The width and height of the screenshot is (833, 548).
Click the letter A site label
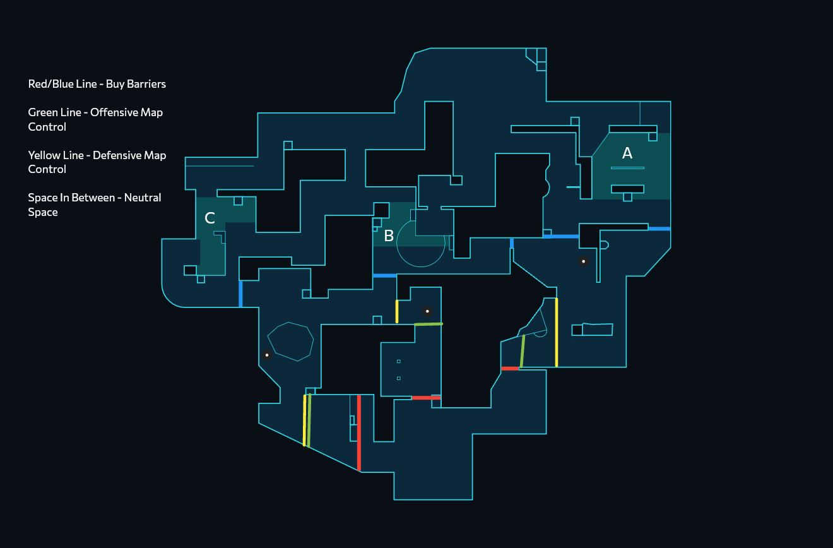pos(627,153)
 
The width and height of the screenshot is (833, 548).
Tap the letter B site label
pos(389,236)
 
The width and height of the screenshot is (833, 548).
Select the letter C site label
pos(210,218)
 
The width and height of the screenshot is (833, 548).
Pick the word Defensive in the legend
pos(117,155)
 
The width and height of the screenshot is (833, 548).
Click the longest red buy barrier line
pos(359,432)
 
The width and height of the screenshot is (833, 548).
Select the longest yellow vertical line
pos(556,332)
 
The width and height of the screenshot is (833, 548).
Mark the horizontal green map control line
pos(428,324)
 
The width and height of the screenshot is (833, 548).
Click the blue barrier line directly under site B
pos(384,276)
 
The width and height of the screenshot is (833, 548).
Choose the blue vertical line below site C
pos(240,294)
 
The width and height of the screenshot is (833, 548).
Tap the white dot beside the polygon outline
pos(267,355)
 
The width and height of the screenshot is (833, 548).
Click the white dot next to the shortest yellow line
pos(427,311)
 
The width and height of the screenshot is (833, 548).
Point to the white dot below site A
pos(584,261)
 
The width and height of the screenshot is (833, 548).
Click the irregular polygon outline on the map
pos(290,341)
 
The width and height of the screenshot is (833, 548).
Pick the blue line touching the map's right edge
pos(659,229)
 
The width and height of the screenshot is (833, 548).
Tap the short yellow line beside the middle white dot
pos(397,311)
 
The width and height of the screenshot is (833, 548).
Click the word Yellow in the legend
pos(44,155)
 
